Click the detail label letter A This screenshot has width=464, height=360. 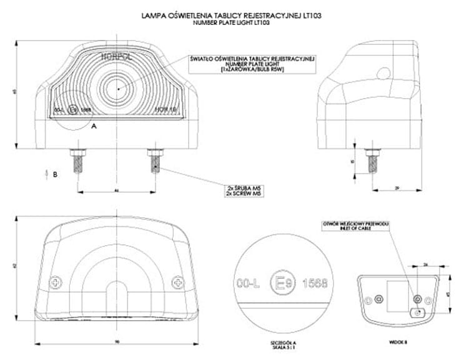tap(94, 125)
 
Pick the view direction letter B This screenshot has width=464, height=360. tap(55, 175)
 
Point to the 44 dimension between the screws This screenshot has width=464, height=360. tap(116, 189)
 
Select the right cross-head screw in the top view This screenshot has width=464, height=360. tap(177, 282)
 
